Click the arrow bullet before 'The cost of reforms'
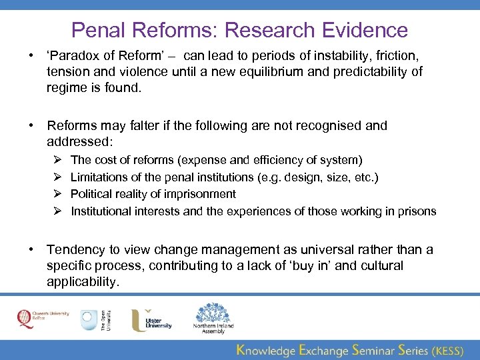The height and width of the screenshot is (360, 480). coord(58,160)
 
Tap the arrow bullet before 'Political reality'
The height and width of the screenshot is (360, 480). coord(58,195)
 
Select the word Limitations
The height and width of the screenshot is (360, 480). coord(98,177)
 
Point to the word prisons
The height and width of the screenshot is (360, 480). coord(417,212)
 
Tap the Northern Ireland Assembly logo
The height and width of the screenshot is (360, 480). coord(213,317)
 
